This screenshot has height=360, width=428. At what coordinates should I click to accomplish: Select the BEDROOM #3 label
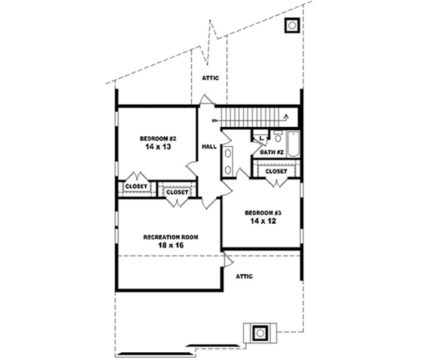coord(260,213)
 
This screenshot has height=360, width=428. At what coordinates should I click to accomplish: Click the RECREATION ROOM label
coord(170,237)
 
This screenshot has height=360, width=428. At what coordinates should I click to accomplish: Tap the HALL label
coord(209,146)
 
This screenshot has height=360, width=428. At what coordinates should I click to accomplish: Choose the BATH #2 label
coord(272,152)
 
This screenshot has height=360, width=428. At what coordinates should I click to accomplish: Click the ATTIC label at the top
coord(210,78)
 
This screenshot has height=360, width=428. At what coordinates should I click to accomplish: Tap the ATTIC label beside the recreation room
coord(244,276)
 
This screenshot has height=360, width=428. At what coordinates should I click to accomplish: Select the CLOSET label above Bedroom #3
coord(276,171)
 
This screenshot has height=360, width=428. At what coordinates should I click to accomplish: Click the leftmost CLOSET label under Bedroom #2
coord(136,186)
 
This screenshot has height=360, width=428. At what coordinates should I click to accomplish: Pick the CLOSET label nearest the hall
coord(177,192)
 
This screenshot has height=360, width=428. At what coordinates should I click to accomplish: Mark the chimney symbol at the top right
coord(292,26)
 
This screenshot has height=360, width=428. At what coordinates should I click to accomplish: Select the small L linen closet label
coord(262,137)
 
